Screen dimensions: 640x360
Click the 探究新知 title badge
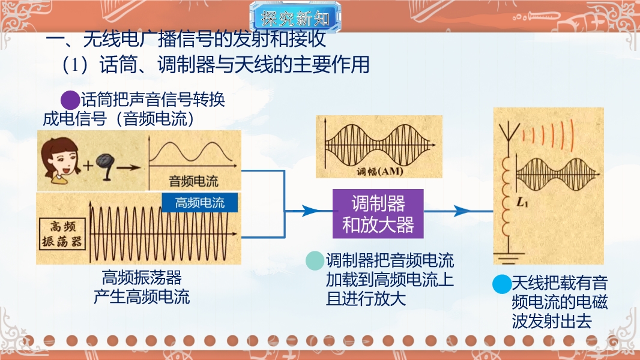coord(295,17)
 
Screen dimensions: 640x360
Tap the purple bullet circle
coord(70,100)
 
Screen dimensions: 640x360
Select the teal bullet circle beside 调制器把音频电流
coord(315,260)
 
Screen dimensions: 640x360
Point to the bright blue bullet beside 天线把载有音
coord(502,284)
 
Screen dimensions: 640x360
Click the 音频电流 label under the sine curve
coord(193,181)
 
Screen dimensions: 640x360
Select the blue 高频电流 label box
coord(199,202)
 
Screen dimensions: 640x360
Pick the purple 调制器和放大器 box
coord(378,214)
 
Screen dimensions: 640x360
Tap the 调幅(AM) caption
coord(379,171)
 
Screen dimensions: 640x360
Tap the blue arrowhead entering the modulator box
coord(310,211)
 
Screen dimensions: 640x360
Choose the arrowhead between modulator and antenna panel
coord(462,211)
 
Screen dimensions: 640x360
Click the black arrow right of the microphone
coord(128,167)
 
